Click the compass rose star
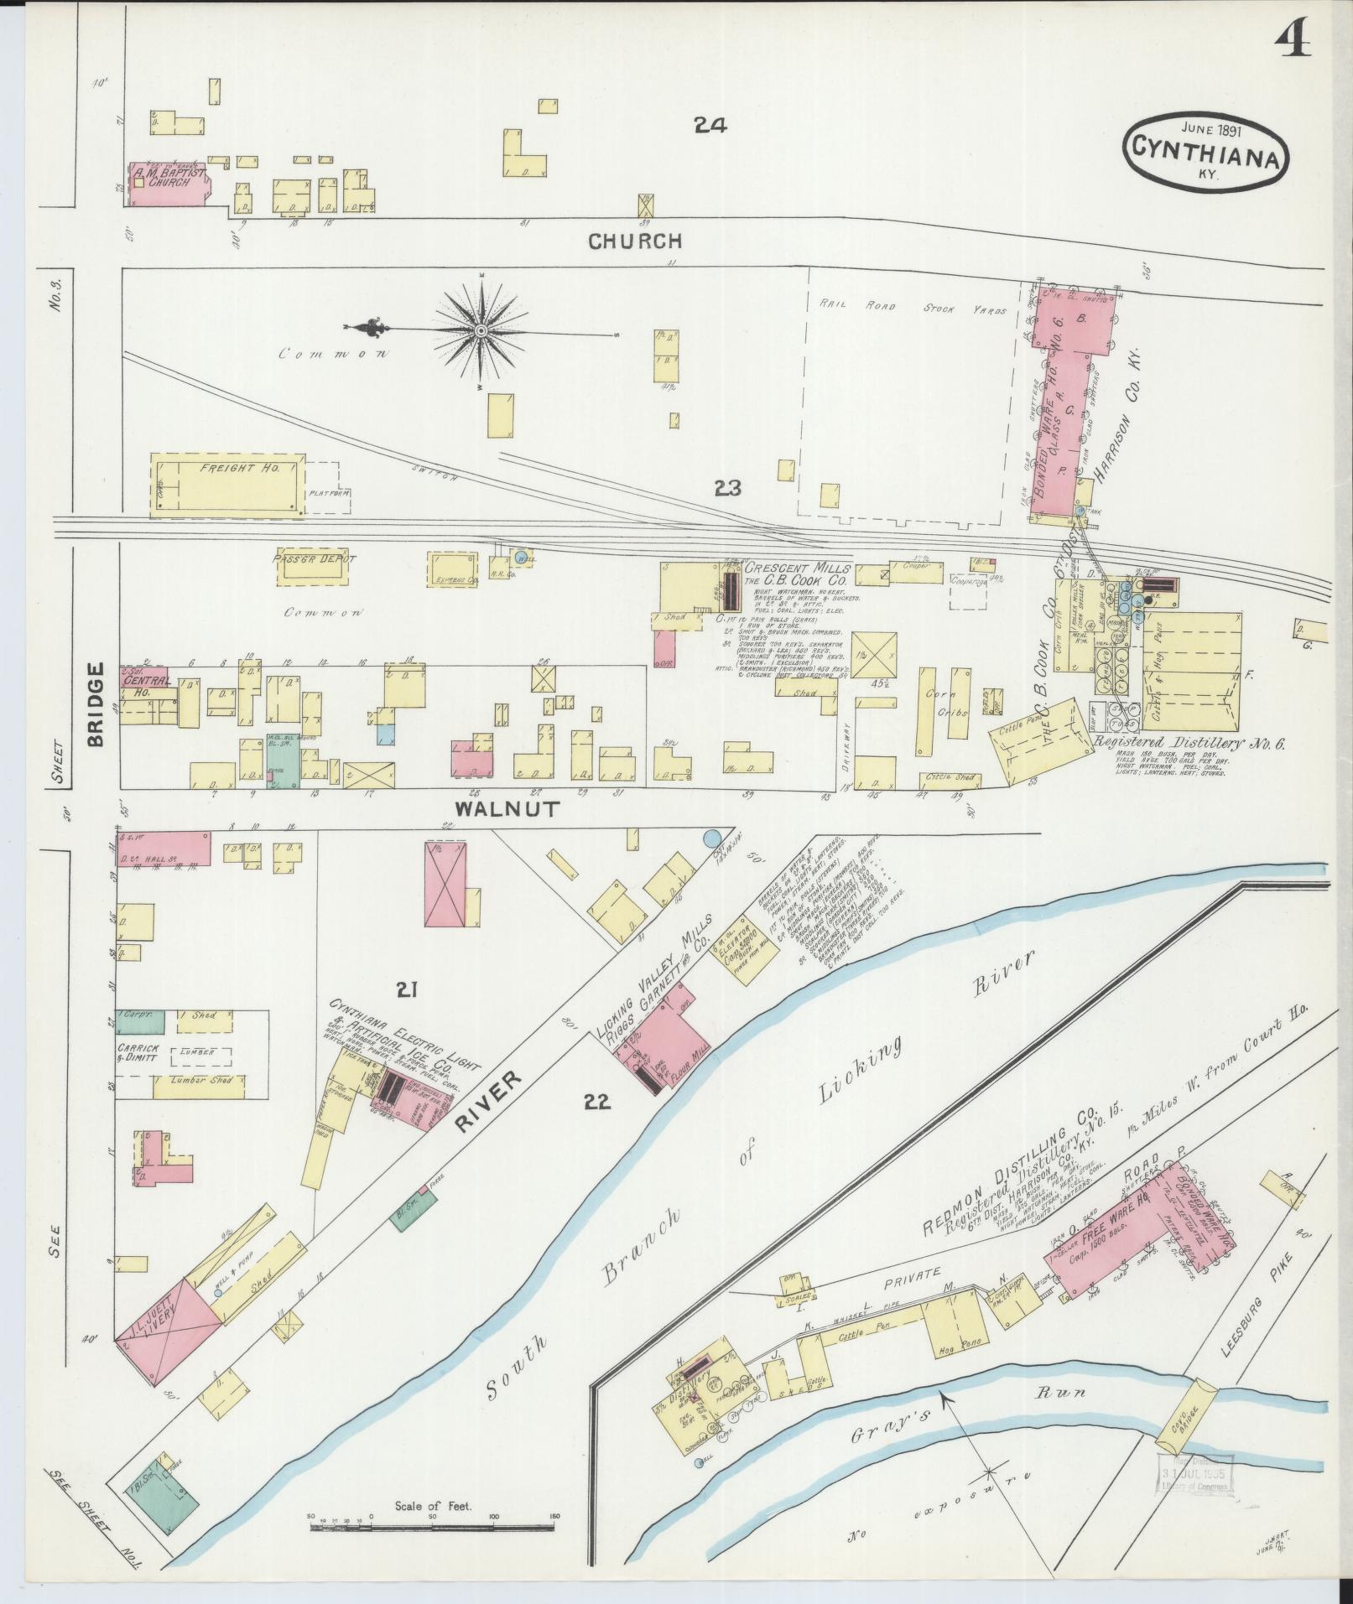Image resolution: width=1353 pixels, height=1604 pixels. [x=481, y=331]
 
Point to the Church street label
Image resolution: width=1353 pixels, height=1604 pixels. [x=634, y=241]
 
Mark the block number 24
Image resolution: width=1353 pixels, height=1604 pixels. [x=710, y=126]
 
